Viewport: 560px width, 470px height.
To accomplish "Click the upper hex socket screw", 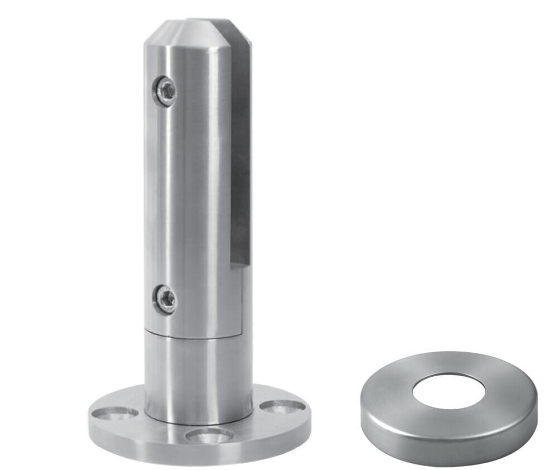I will tap(166, 90).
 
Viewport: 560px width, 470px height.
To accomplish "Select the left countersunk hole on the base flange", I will tap(115, 413).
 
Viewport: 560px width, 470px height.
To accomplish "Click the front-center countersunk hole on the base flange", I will tap(210, 435).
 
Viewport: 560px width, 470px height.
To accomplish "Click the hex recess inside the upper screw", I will tap(165, 90).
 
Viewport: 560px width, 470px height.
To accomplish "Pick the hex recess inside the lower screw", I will tap(165, 300).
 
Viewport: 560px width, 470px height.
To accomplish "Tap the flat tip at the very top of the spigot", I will tap(206, 22).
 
